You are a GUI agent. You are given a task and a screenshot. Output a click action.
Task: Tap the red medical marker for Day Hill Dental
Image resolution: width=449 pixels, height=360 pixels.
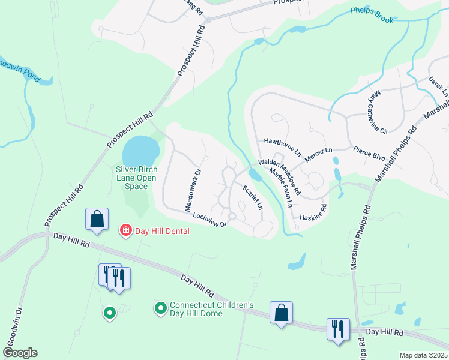[x=125, y=230]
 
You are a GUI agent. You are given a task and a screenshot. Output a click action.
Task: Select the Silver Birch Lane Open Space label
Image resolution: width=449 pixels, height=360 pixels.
[x=136, y=178]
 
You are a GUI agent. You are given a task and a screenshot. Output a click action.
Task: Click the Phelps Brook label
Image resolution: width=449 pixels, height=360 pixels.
[x=372, y=16]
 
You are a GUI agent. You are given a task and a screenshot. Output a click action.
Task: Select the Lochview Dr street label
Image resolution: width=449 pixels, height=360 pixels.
[x=205, y=220]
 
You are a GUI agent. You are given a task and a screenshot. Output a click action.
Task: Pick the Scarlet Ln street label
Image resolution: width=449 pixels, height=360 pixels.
[x=252, y=197]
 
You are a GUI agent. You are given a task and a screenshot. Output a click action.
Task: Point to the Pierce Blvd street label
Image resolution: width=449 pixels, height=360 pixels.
[x=369, y=152]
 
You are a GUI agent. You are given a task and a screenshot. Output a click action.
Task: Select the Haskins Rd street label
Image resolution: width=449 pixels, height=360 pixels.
[x=313, y=212]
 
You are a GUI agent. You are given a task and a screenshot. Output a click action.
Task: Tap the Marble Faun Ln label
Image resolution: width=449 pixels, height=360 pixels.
[x=281, y=188]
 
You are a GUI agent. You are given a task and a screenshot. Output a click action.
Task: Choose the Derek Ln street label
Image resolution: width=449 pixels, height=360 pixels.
[x=438, y=86]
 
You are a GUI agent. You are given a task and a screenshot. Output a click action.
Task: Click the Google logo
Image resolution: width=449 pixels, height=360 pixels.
[x=20, y=353]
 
